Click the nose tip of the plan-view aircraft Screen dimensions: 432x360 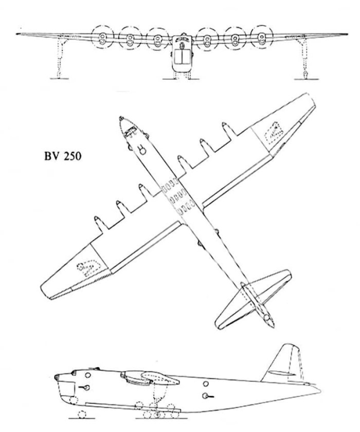[120, 118]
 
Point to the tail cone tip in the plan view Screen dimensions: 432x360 [269, 323]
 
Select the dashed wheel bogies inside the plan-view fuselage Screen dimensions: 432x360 [172, 198]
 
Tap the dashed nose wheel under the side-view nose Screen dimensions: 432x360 [81, 415]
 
